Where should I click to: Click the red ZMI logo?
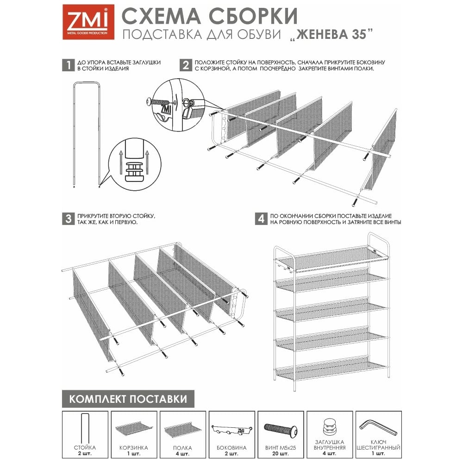(x=88, y=22)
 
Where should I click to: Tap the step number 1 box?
(x=68, y=65)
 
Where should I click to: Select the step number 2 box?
(x=186, y=65)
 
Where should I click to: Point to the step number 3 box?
(x=68, y=219)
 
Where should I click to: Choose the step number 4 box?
(x=261, y=219)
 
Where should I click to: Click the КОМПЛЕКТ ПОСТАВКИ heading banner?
(x=128, y=399)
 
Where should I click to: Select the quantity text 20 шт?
(x=281, y=453)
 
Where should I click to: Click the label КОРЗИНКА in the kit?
(x=134, y=448)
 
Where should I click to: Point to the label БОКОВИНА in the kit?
(x=231, y=448)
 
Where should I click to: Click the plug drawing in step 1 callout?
(x=134, y=171)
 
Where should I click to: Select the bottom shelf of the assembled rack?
(x=332, y=369)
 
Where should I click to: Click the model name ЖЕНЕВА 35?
(x=332, y=34)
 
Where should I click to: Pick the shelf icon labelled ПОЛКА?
(x=183, y=430)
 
